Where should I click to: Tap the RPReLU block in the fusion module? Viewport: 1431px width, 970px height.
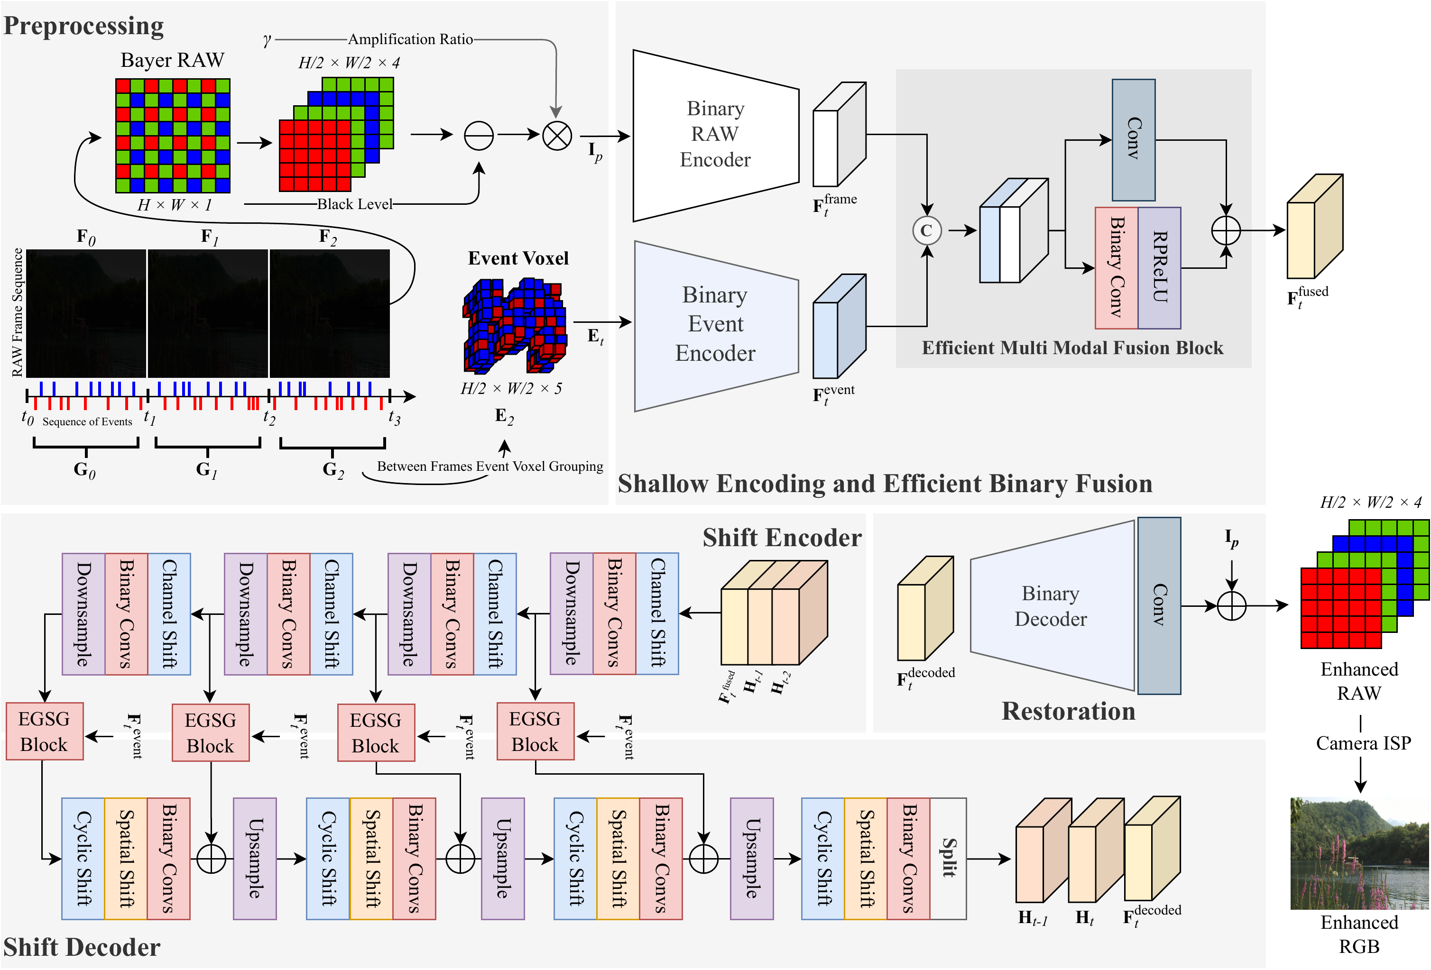click(x=1159, y=268)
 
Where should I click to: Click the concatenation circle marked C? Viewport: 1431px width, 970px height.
click(x=926, y=231)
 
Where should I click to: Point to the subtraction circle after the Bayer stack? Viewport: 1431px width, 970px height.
click(x=479, y=136)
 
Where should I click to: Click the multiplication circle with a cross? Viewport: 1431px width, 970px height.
click(x=557, y=136)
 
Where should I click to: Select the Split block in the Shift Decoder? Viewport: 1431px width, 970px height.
click(x=948, y=859)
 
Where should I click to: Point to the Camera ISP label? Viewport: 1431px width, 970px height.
click(x=1363, y=743)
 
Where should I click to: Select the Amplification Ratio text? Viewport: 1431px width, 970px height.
click(x=410, y=39)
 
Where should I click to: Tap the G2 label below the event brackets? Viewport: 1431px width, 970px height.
click(x=332, y=470)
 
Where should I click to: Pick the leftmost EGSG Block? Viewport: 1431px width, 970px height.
click(x=44, y=731)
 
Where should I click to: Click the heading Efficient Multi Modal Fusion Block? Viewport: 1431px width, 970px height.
click(x=1071, y=348)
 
